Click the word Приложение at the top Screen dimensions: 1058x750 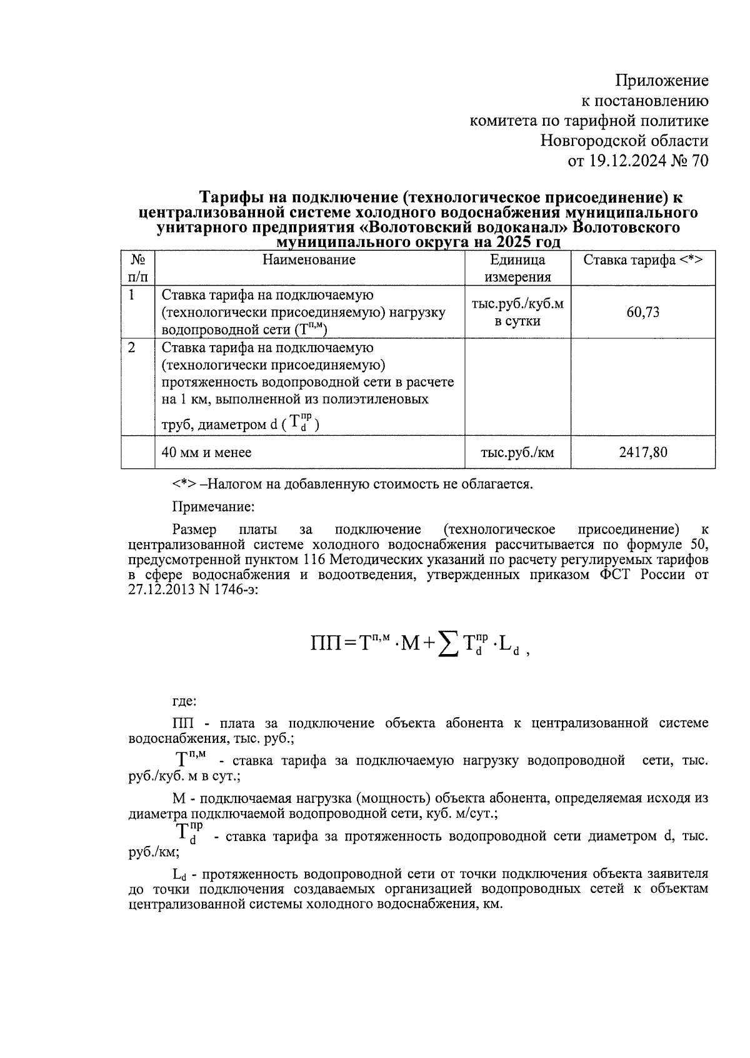(x=662, y=81)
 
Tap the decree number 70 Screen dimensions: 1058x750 (x=700, y=161)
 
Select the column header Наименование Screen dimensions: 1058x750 (x=309, y=260)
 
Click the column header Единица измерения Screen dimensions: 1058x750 (x=517, y=268)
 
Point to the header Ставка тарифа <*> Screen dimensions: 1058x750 (x=642, y=260)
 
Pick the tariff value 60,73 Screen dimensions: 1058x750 (x=642, y=312)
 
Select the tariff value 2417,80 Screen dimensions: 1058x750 (x=642, y=451)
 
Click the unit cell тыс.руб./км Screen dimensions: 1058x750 (x=517, y=452)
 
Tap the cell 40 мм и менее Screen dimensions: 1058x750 (x=206, y=452)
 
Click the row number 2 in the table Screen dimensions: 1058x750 (x=132, y=348)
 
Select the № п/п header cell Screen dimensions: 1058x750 (x=137, y=268)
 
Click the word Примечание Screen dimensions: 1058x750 (x=213, y=506)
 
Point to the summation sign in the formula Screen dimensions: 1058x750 (x=446, y=643)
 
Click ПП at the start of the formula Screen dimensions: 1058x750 (x=325, y=642)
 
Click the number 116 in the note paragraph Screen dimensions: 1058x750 (x=315, y=558)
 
